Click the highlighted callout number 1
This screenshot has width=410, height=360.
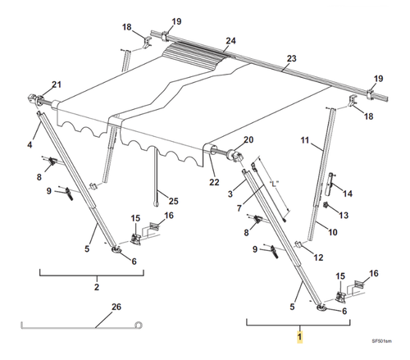pyautogui.click(x=300, y=336)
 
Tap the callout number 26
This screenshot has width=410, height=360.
pyautogui.click(x=116, y=307)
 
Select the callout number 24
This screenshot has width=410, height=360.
pyautogui.click(x=230, y=41)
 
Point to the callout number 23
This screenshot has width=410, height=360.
pyautogui.click(x=292, y=58)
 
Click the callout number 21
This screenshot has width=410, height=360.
pyautogui.click(x=57, y=84)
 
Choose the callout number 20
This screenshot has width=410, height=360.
pyautogui.click(x=248, y=140)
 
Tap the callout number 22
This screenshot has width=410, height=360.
pyautogui.click(x=214, y=182)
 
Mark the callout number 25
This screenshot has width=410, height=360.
pyautogui.click(x=174, y=201)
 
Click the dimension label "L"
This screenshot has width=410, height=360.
pyautogui.click(x=274, y=184)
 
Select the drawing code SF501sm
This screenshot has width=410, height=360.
pyautogui.click(x=381, y=341)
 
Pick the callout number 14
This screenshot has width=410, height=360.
pyautogui.click(x=348, y=194)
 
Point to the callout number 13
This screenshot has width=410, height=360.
pyautogui.click(x=344, y=216)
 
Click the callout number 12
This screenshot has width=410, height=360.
pyautogui.click(x=318, y=257)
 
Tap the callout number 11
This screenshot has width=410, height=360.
pyautogui.click(x=305, y=140)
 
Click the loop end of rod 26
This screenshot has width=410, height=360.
pyautogui.click(x=139, y=325)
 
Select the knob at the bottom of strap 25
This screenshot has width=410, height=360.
pyautogui.click(x=157, y=204)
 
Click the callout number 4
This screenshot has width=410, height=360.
pyautogui.click(x=30, y=145)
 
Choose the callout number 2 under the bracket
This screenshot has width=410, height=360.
pyautogui.click(x=97, y=287)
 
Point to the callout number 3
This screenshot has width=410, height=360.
pyautogui.click(x=230, y=194)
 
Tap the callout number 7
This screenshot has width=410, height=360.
pyautogui.click(x=239, y=208)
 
